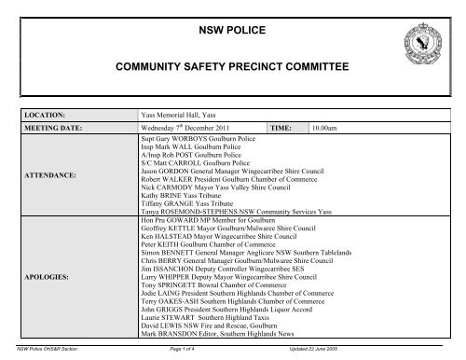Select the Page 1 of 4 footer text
point(221,348)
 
